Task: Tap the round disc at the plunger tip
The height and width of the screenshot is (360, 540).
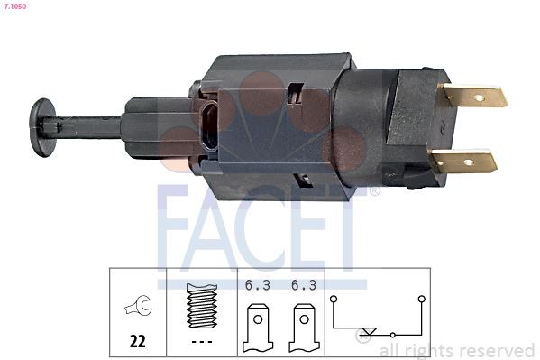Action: pos(40,125)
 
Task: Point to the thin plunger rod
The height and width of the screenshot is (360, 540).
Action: pos(86,125)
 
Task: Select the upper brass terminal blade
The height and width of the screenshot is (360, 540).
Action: pos(472,95)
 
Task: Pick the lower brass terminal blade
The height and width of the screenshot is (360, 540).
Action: pos(463,162)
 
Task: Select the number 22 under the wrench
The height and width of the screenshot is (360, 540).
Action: pos(138,342)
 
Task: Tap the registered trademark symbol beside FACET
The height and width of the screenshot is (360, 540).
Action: pos(375,191)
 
